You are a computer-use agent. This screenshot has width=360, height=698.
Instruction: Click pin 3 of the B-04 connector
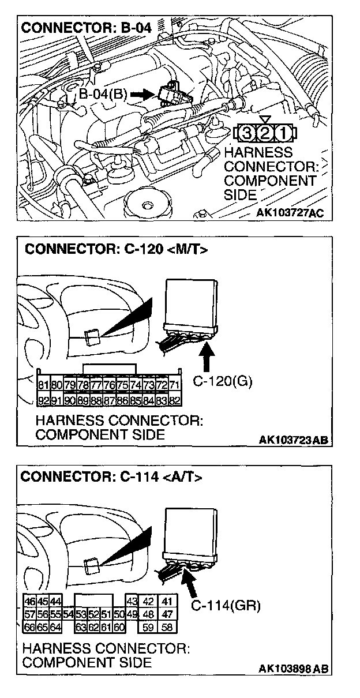[247, 133]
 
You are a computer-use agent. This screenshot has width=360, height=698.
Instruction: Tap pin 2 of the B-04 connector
[265, 133]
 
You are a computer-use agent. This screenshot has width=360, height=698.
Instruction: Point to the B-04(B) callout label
[103, 94]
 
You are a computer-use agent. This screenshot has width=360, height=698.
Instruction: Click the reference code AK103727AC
[290, 213]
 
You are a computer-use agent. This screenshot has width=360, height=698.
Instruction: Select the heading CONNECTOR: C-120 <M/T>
[116, 250]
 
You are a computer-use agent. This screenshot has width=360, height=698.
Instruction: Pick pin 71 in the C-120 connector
[175, 385]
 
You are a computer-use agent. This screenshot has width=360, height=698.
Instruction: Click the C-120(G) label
[222, 381]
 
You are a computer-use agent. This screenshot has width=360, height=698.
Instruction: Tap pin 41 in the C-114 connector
[167, 602]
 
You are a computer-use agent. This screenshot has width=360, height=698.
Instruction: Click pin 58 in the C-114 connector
[167, 627]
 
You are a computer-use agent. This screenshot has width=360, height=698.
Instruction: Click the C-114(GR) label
[226, 606]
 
